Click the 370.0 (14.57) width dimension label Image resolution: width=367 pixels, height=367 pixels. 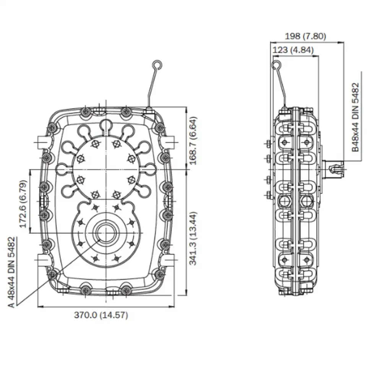101,315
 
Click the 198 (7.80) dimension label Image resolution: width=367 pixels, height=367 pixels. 305,36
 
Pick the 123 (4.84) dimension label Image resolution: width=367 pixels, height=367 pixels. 293,50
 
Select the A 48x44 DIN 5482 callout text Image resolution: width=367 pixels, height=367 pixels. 11,272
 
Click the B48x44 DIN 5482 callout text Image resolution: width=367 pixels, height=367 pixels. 356,117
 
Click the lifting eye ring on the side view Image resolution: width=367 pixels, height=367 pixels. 276,65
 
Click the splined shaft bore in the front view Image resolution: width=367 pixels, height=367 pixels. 104,232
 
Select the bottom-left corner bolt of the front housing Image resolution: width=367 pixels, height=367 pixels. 52,274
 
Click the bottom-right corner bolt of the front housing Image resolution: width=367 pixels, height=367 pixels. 156,274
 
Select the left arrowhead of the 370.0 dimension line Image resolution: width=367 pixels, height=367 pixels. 39,306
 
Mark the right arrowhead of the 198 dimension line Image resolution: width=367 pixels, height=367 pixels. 341,42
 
